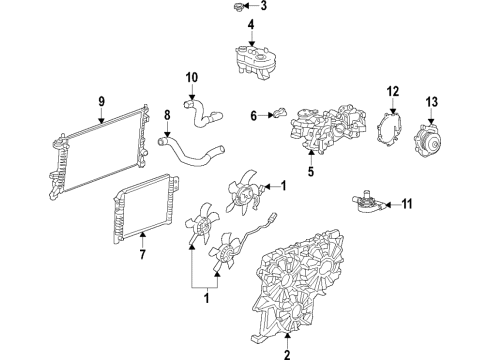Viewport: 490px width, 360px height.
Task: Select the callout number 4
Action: click(x=251, y=26)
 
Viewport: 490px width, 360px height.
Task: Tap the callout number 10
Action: click(x=192, y=76)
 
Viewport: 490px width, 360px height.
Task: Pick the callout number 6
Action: click(x=254, y=115)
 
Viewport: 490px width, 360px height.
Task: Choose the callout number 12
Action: click(x=392, y=92)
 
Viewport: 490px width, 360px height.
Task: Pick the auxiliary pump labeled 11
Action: click(x=368, y=205)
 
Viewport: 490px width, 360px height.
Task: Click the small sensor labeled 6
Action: click(x=279, y=114)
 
